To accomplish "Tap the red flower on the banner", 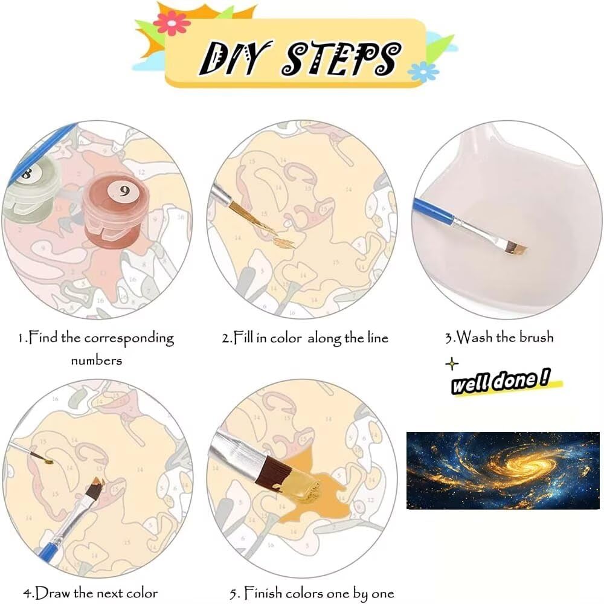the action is tap(172, 23).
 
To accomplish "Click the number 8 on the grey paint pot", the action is tap(27, 173).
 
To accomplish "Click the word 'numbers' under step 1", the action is tap(96, 361).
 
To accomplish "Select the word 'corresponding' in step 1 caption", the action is tap(129, 339).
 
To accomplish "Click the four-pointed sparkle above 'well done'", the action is tap(452, 364).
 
